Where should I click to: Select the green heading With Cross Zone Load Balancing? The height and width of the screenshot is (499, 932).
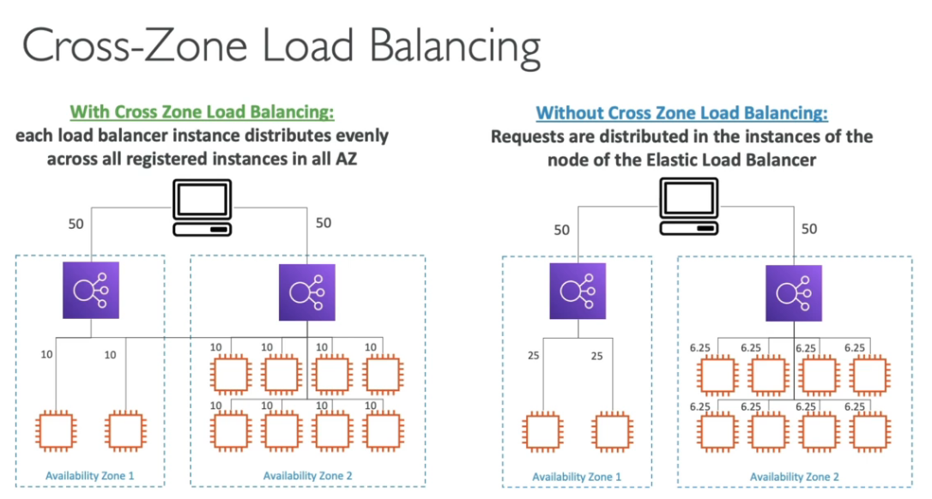[202, 112]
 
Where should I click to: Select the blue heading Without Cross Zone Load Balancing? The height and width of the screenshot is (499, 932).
[681, 113]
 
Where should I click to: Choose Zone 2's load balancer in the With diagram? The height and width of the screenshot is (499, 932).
[306, 292]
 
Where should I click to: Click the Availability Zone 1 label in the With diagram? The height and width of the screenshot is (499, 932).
[91, 475]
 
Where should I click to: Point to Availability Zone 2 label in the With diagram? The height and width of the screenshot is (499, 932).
[307, 475]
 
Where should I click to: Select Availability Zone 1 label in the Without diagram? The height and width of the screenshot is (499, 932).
[577, 477]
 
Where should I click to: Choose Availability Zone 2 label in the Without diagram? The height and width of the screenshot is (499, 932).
[794, 477]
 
